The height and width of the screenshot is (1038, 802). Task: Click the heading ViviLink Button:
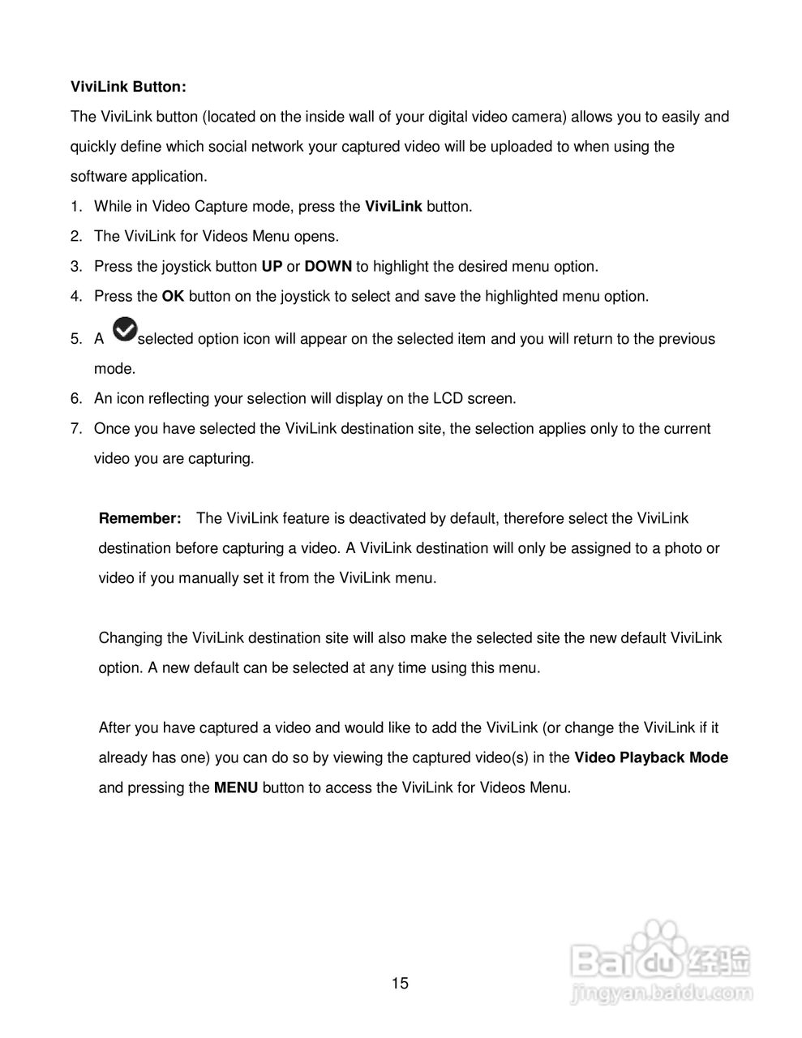click(128, 86)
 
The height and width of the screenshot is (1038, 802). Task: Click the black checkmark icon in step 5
click(124, 329)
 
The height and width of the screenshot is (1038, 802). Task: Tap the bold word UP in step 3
click(272, 266)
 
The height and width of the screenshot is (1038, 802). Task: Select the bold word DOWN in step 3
click(328, 266)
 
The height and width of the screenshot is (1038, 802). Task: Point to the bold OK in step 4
click(173, 296)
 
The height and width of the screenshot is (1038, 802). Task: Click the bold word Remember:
click(139, 518)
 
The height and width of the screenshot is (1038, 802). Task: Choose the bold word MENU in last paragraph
click(236, 787)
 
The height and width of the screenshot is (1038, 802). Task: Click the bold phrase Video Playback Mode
click(651, 757)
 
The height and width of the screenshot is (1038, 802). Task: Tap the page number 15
click(401, 984)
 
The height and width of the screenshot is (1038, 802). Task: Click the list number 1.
click(75, 206)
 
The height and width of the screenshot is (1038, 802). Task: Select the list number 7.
click(75, 428)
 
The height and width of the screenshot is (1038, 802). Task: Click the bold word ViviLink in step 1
click(393, 206)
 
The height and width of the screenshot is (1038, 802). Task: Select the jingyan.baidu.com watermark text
click(662, 992)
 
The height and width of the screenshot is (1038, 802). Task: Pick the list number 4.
click(75, 296)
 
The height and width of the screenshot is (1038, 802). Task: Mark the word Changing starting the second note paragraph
click(131, 637)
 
